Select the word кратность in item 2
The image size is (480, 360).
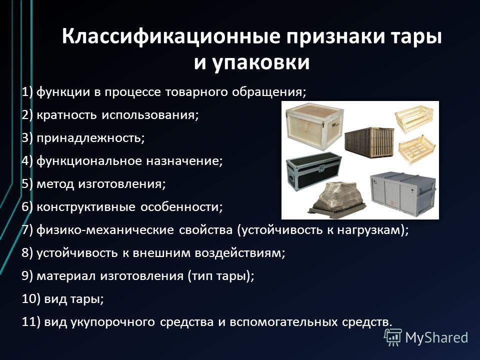[x=67, y=115]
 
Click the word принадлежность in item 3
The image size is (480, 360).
[x=89, y=138]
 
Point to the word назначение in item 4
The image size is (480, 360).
[x=183, y=161]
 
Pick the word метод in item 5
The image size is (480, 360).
[x=55, y=184]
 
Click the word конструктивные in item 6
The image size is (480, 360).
[x=86, y=207]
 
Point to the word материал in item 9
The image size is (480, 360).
[x=66, y=276]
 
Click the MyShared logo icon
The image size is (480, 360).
[x=393, y=337]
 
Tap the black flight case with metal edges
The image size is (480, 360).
[x=314, y=169]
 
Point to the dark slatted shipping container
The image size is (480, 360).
[x=369, y=142]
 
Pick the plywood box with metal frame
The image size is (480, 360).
[x=314, y=126]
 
